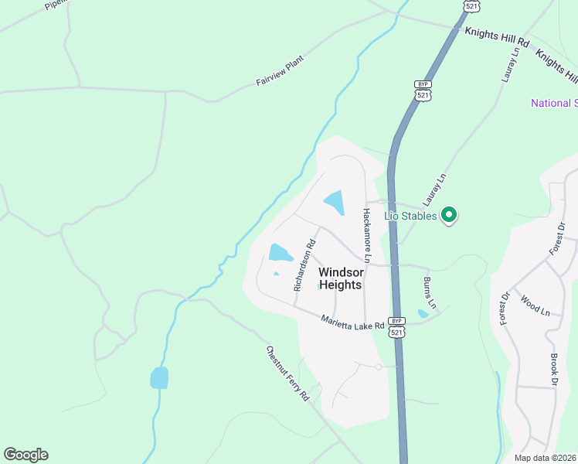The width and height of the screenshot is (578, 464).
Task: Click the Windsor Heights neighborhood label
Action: (x=340, y=278)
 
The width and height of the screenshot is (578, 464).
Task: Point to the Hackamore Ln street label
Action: (x=367, y=237)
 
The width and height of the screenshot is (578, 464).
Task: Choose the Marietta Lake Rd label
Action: (x=353, y=322)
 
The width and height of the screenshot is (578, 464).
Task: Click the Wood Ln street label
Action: (x=535, y=305)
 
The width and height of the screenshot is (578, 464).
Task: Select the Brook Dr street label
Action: (x=554, y=370)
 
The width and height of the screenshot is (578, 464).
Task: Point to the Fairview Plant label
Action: (x=281, y=70)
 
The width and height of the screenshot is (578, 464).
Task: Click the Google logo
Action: (x=25, y=455)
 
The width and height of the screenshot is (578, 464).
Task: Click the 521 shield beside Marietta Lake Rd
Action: (x=396, y=332)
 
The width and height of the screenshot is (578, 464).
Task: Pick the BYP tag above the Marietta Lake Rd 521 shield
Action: (x=396, y=320)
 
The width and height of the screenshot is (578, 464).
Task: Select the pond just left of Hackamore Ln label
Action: (x=335, y=203)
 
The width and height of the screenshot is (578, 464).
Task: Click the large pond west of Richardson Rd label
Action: (x=279, y=253)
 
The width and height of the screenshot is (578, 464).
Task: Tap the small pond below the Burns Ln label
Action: (x=423, y=313)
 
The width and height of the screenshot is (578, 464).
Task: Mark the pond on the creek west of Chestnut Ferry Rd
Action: (x=159, y=377)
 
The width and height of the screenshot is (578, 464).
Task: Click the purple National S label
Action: (x=554, y=104)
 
